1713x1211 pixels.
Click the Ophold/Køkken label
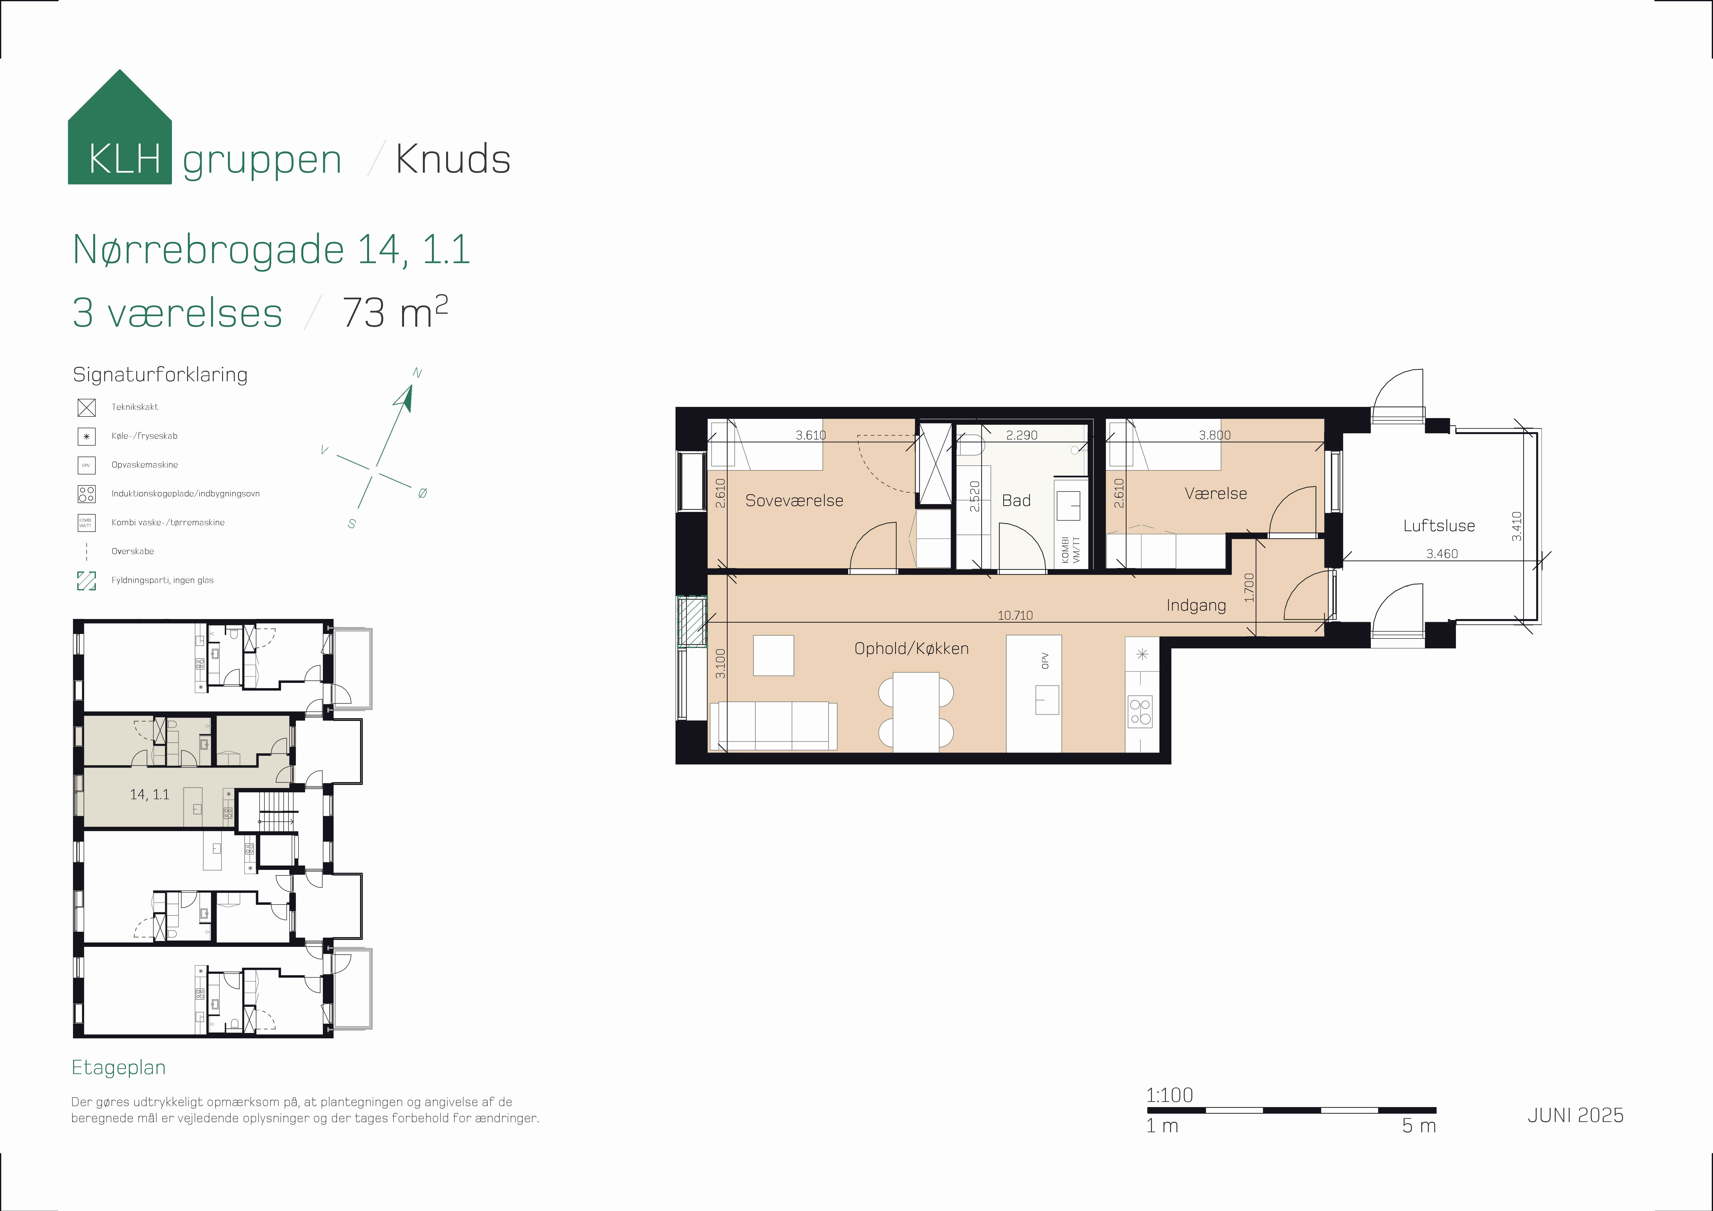tap(911, 648)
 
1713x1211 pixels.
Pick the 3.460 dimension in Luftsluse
tap(1442, 554)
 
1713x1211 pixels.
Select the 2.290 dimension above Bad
tap(1021, 435)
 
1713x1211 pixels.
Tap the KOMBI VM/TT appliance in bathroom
tap(1069, 550)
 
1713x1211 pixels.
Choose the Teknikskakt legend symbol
tap(87, 407)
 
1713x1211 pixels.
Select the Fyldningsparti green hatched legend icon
tap(87, 581)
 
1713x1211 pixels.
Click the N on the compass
tap(417, 373)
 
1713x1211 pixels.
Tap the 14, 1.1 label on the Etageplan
tap(149, 795)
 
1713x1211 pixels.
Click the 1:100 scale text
tap(1169, 1095)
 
